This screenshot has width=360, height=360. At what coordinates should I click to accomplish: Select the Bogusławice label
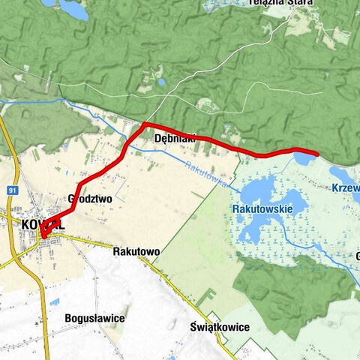(x=94, y=318)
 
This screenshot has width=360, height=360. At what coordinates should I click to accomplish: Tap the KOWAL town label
(x=43, y=224)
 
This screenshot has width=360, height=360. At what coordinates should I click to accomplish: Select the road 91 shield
(x=12, y=190)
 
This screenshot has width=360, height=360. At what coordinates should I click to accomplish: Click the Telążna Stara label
(x=280, y=4)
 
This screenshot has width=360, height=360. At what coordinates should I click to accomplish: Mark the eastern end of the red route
(x=317, y=154)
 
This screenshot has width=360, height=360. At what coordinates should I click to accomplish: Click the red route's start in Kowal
(x=43, y=237)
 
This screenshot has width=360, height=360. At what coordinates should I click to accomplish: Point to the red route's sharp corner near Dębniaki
(x=144, y=124)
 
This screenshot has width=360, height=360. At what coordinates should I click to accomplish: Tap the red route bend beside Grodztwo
(x=79, y=184)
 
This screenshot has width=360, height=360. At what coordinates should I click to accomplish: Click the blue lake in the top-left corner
(x=73, y=9)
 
